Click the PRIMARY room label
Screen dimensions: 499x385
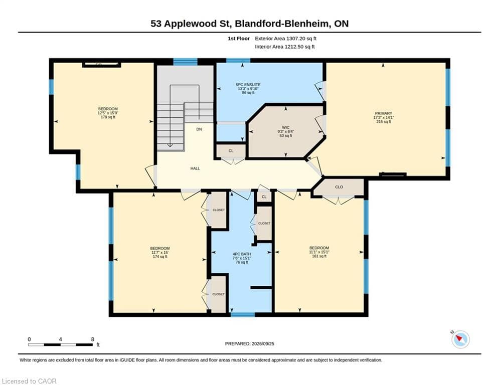click(x=384, y=113)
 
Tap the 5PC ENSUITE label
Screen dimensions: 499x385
click(x=248, y=85)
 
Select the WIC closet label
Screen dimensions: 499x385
click(x=285, y=127)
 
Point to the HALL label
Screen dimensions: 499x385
click(x=195, y=168)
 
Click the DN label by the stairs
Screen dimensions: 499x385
click(x=199, y=129)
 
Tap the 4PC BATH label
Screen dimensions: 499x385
click(x=242, y=254)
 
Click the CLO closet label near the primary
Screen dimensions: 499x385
click(x=339, y=187)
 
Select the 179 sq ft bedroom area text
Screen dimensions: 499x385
click(x=108, y=117)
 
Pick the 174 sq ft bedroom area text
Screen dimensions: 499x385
click(x=160, y=257)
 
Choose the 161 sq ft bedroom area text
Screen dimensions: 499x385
click(x=319, y=256)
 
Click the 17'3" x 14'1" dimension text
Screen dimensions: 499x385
click(x=384, y=117)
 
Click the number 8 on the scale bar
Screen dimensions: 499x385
click(x=93, y=339)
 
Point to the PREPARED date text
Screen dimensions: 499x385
click(x=250, y=343)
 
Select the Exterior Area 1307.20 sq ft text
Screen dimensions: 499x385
click(x=285, y=39)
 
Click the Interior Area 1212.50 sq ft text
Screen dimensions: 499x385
click(x=284, y=47)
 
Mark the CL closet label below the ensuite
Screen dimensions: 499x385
click(x=231, y=151)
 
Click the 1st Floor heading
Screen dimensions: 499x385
click(x=239, y=39)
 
